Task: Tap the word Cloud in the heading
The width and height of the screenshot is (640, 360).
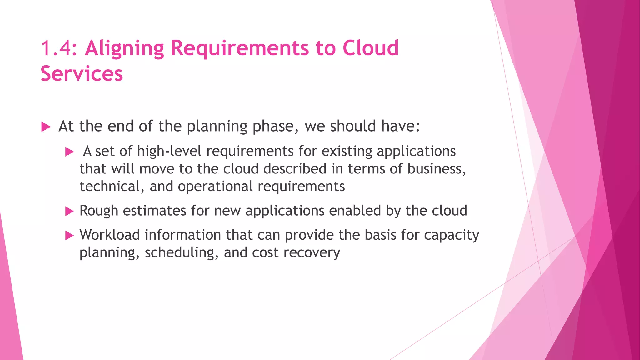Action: (371, 48)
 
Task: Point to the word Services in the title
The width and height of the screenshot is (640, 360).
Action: (82, 74)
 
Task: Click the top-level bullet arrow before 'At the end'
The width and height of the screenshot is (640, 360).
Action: (46, 127)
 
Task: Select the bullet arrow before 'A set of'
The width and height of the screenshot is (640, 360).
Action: (69, 152)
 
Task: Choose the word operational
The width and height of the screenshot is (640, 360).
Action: (215, 187)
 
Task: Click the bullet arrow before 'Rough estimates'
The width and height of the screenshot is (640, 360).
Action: (69, 212)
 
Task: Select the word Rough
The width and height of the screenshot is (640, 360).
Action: (99, 211)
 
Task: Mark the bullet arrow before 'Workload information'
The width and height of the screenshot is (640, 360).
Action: (69, 236)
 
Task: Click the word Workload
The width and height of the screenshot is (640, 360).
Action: (110, 235)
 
